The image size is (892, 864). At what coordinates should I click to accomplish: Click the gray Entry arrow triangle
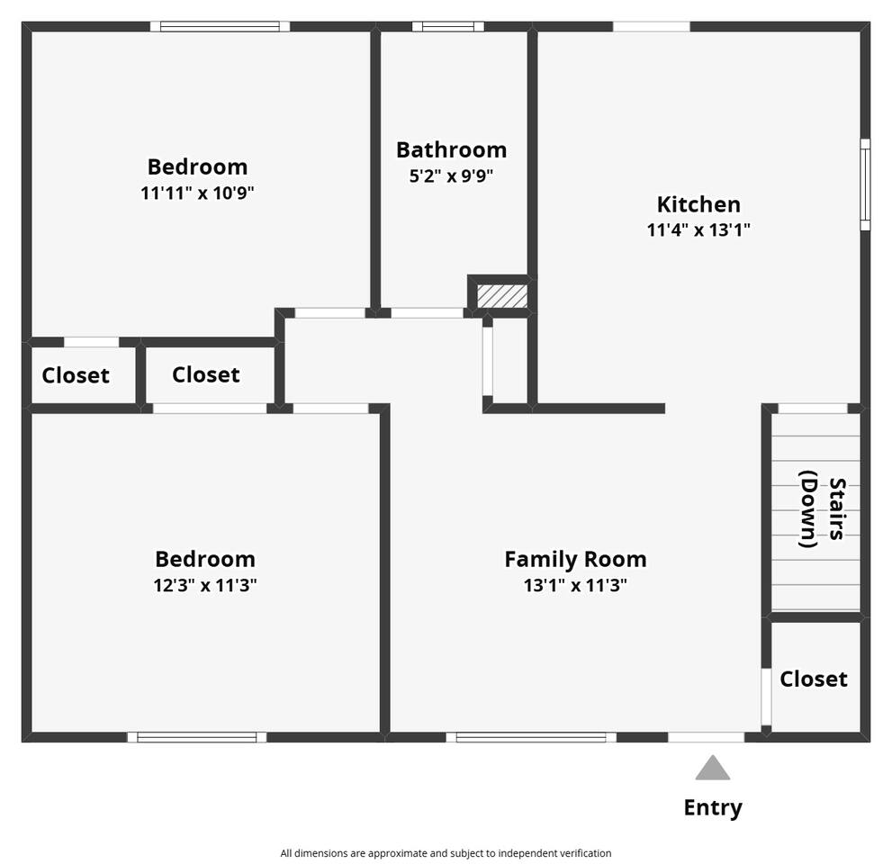pos(712,768)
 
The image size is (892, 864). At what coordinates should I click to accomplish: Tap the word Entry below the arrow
pos(713,807)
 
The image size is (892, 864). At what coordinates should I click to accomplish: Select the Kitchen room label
pos(698,204)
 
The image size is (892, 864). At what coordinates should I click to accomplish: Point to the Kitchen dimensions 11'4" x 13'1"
pos(698,229)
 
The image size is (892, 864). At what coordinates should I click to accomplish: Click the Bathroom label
pos(451,150)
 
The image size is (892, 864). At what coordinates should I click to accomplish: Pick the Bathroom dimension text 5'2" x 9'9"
pos(451,175)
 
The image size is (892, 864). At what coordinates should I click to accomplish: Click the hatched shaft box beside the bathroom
pos(501,296)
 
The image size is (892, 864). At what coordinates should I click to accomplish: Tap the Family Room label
pos(576,560)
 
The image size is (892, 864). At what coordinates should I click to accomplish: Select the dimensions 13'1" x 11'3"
pos(576,585)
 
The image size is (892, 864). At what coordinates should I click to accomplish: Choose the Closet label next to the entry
pos(814,679)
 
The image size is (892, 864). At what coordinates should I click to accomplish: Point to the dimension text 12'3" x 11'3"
pos(205,585)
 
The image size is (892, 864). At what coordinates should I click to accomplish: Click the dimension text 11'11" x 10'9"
pos(197,193)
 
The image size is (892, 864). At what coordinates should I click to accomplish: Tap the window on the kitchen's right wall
pos(865,184)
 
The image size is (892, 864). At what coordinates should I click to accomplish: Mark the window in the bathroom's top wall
pos(448,27)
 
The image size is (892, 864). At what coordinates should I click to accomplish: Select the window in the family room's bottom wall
pos(531,737)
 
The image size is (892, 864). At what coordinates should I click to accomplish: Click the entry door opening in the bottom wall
pos(706,737)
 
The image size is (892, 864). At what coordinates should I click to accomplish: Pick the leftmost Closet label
pos(76,375)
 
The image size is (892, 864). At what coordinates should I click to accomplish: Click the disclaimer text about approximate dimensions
pos(446,853)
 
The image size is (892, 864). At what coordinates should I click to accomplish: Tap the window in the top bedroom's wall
pos(220,27)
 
